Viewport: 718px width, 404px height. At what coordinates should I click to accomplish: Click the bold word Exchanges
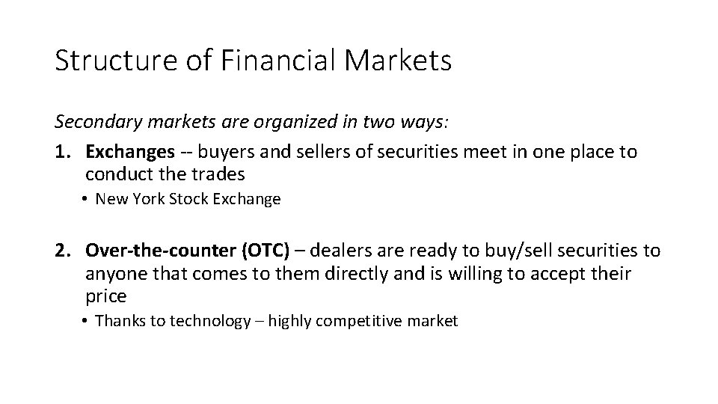[129, 152]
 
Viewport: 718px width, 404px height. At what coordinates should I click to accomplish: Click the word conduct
[117, 174]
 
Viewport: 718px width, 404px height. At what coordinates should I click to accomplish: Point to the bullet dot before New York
[87, 200]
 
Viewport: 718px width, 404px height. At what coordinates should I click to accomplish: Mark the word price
[105, 296]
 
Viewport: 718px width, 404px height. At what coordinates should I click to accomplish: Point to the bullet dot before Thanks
[87, 322]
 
